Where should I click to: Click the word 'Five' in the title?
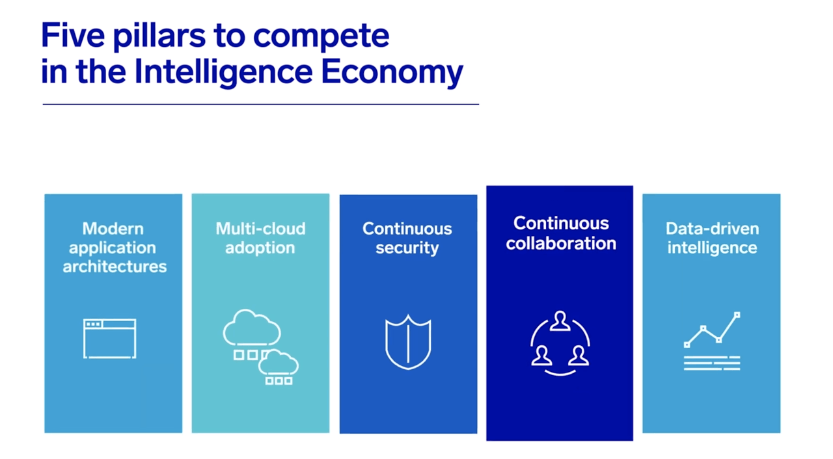(73, 35)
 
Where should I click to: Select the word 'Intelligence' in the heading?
(223, 72)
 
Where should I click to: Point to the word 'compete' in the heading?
(321, 37)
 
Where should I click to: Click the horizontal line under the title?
(261, 105)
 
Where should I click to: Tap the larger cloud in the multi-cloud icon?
(252, 328)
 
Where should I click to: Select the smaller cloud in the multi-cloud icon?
(278, 362)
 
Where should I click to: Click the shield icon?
(408, 343)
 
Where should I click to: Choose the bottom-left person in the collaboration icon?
(541, 356)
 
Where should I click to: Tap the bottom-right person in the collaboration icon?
(579, 356)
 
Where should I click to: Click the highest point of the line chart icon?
(737, 315)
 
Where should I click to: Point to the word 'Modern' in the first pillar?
(113, 229)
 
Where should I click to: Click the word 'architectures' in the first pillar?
(115, 267)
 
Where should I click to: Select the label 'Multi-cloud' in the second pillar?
(261, 229)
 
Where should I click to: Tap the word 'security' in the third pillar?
(407, 248)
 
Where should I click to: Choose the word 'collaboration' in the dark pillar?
(561, 244)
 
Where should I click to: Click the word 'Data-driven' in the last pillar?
(712, 229)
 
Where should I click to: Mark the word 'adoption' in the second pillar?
(260, 248)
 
